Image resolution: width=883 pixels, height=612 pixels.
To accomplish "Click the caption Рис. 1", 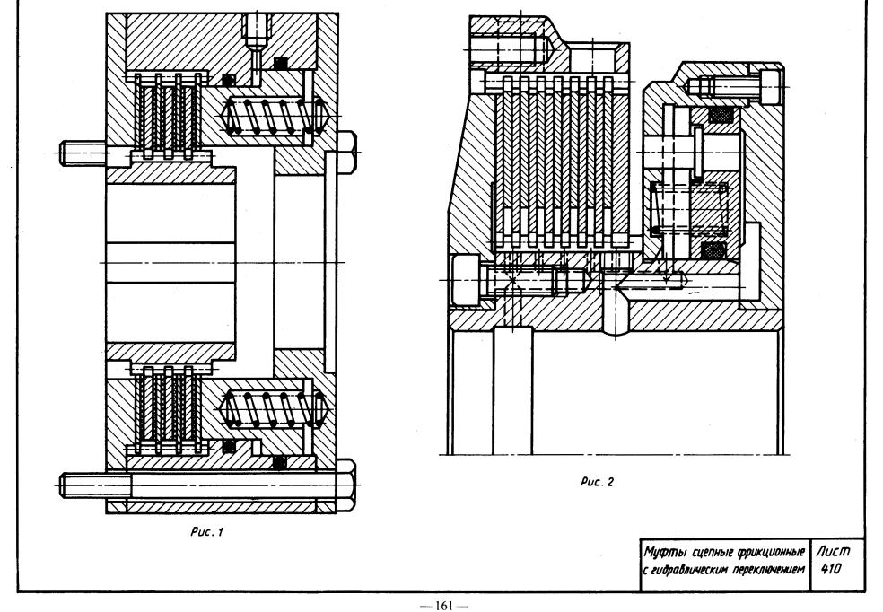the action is pyautogui.click(x=206, y=531).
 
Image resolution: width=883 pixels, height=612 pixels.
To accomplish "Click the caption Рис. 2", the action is pyautogui.click(x=597, y=482).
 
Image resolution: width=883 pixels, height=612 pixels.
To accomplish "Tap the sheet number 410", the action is pyautogui.click(x=831, y=569).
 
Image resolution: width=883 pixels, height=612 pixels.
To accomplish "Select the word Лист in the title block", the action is pyautogui.click(x=833, y=551).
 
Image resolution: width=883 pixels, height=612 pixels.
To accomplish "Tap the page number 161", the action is pyautogui.click(x=444, y=606).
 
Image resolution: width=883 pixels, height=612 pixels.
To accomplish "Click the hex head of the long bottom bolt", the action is pyautogui.click(x=345, y=485).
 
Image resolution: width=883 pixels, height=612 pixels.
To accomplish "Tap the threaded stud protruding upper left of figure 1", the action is pyautogui.click(x=83, y=153).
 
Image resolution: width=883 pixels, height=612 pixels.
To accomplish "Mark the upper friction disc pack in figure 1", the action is pyautogui.click(x=168, y=117).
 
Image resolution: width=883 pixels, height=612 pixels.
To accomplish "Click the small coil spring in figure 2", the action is pyautogui.click(x=689, y=209).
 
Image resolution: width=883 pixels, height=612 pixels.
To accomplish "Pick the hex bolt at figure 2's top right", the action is pyautogui.click(x=734, y=87).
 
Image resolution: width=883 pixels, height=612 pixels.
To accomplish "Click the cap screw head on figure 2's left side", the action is pyautogui.click(x=466, y=280).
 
